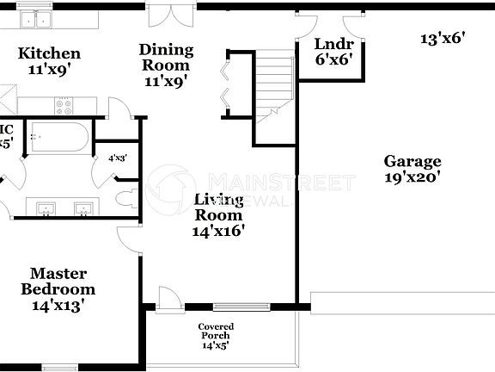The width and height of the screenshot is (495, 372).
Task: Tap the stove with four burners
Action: (x=64, y=107)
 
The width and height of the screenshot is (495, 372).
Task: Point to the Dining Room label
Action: (x=166, y=58)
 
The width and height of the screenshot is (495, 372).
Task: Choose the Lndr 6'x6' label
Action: (x=330, y=53)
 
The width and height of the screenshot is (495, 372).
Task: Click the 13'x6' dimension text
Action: (x=442, y=38)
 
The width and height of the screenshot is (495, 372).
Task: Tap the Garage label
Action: (x=412, y=161)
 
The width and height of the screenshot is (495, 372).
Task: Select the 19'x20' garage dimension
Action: (x=412, y=177)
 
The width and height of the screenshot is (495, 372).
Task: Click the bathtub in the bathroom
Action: (x=56, y=136)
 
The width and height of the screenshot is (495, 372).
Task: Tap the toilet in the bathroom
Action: (x=126, y=198)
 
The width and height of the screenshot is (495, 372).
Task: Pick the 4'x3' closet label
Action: (x=117, y=158)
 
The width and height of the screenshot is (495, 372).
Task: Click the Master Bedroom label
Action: (x=58, y=282)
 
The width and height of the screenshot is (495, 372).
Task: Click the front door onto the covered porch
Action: (x=168, y=298)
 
